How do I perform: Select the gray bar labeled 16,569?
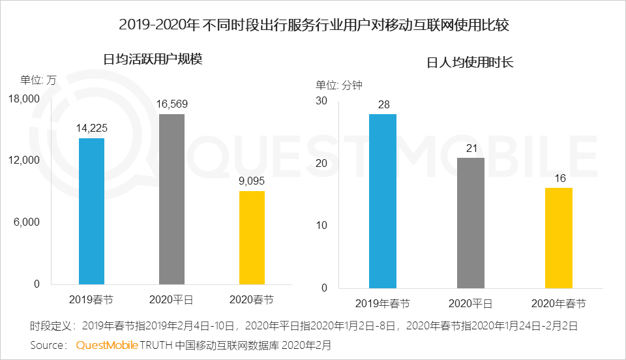point(171,199)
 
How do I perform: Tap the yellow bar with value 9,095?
point(252,237)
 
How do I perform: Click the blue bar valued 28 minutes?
point(382,201)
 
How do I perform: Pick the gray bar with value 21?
point(470,222)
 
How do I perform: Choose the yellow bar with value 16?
point(558,238)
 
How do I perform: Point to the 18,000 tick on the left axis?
point(24,98)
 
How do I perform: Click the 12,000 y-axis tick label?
point(24,160)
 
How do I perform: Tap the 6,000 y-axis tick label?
point(27,222)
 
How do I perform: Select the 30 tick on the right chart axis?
point(321,101)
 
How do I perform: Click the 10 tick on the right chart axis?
point(321,226)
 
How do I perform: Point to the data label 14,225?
point(91,128)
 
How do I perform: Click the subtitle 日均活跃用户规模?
point(153,59)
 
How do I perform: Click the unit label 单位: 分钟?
point(339,85)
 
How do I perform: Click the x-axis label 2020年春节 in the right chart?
point(558,303)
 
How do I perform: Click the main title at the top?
point(313,25)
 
